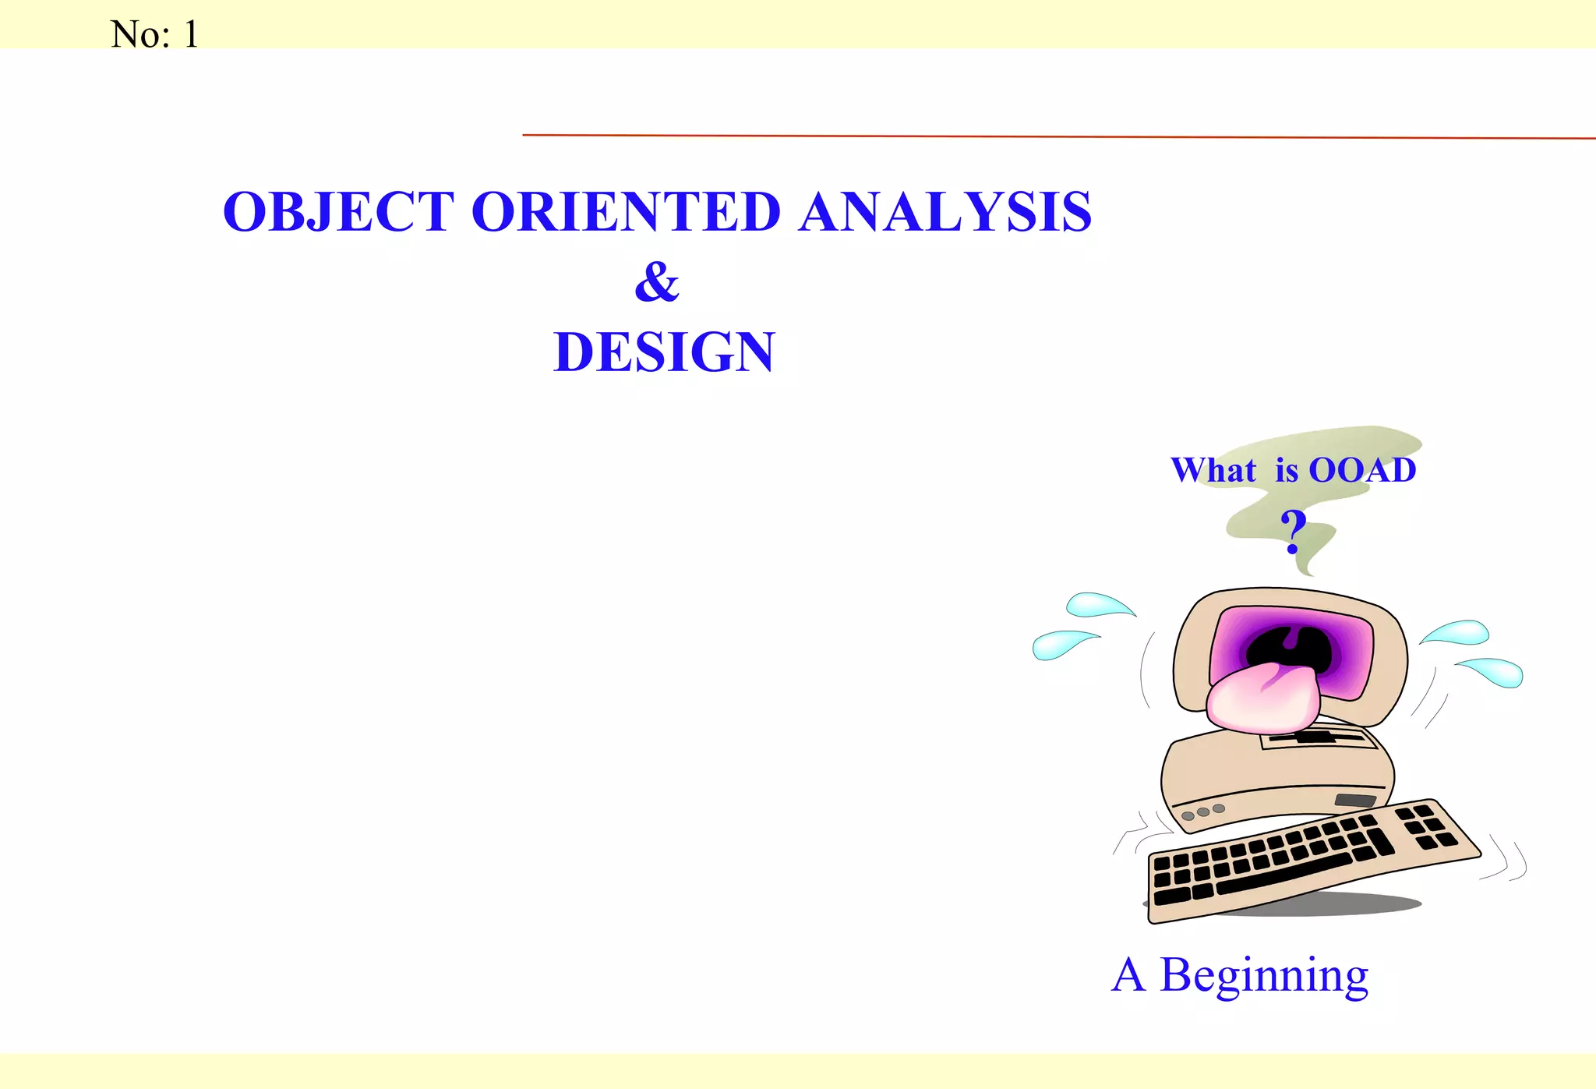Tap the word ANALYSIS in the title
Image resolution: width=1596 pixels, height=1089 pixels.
pos(945,212)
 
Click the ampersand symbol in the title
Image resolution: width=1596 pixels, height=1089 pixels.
pos(657,281)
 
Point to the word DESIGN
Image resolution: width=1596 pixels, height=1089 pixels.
pos(664,352)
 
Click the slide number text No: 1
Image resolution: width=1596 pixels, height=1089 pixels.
pos(154,34)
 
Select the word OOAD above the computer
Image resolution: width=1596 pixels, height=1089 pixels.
pos(1362,470)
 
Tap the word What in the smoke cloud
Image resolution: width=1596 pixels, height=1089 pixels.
pos(1213,470)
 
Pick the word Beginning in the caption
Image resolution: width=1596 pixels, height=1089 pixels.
pos(1263,975)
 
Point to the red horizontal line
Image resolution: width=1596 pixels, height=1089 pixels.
pos(1052,136)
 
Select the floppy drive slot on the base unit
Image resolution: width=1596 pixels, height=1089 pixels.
pos(1355,801)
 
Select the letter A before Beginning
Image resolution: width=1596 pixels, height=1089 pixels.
pos(1128,975)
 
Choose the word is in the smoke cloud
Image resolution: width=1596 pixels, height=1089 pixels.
pos(1287,470)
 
